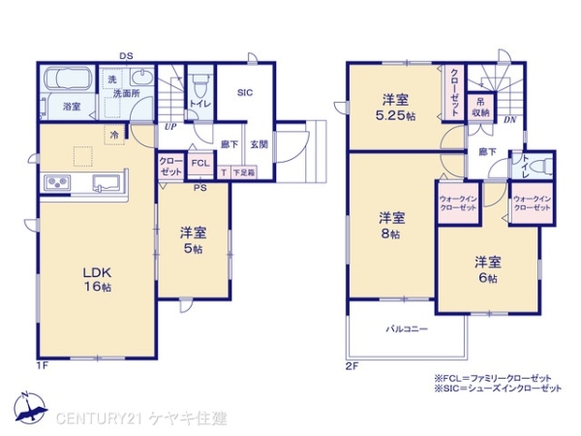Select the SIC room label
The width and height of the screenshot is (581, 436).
pyautogui.click(x=244, y=92)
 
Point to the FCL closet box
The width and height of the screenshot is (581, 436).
pyautogui.click(x=199, y=164)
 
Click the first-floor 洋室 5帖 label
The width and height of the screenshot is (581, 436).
pyautogui.click(x=191, y=239)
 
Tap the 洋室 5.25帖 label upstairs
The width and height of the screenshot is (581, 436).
pyautogui.click(x=396, y=107)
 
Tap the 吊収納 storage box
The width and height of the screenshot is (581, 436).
pyautogui.click(x=478, y=106)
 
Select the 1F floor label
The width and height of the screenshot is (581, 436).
pyautogui.click(x=42, y=365)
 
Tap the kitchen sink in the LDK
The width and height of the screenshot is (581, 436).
pyautogui.click(x=104, y=182)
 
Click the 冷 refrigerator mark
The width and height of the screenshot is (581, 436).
pyautogui.click(x=114, y=135)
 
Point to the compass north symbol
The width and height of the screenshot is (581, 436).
pyautogui.click(x=26, y=408)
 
